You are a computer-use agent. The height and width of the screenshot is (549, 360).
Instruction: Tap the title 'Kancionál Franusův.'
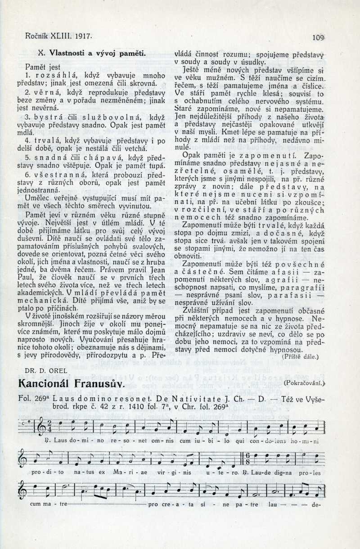pyautogui.click(x=70, y=384)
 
